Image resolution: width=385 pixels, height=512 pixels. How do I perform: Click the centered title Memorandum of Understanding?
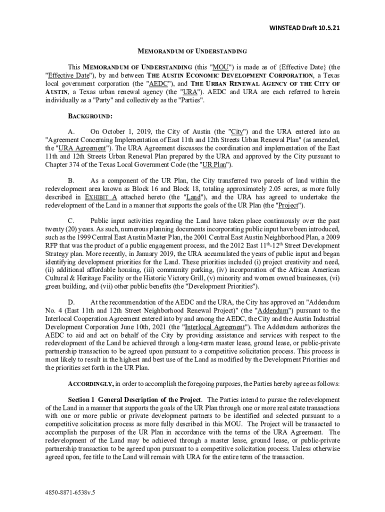tap(192, 51)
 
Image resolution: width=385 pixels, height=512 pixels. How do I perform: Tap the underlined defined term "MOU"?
tap(220, 67)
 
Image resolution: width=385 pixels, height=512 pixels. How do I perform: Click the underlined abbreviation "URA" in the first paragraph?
tap(190, 91)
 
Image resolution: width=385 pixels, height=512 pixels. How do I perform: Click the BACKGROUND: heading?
tap(90, 116)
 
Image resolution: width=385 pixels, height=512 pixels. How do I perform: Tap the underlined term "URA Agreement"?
tap(82, 148)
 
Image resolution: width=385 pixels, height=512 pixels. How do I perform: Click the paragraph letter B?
tap(71, 180)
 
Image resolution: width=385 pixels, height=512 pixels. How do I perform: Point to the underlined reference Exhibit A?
tap(101, 197)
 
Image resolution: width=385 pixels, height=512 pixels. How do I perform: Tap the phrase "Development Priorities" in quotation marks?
tap(214, 286)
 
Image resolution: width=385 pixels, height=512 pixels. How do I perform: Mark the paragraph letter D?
tap(71, 302)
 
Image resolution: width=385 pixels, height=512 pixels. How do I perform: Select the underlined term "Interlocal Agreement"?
tap(211, 326)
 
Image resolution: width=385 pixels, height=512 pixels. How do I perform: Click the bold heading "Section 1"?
tap(81, 399)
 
